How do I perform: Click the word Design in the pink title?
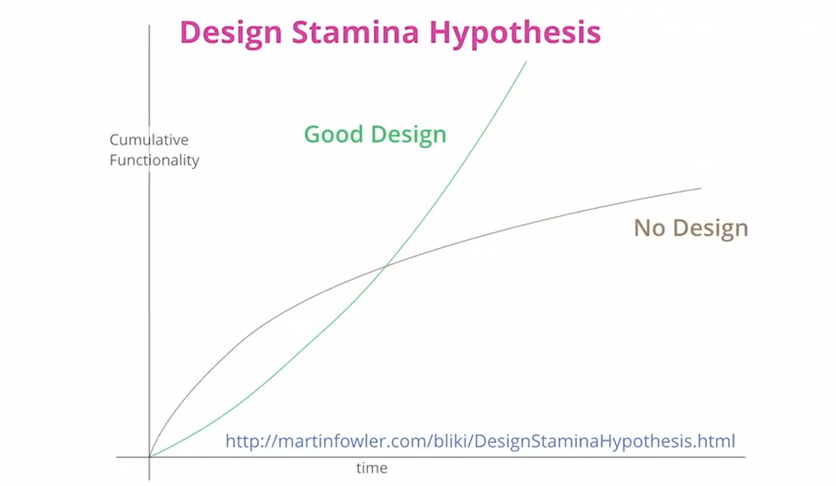click(x=231, y=34)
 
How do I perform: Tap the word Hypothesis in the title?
click(x=515, y=34)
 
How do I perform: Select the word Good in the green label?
click(x=333, y=134)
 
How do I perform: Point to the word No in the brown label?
click(x=649, y=228)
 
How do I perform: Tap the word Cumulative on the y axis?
click(x=149, y=139)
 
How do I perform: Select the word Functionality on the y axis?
click(x=154, y=161)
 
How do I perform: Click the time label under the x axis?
click(x=372, y=468)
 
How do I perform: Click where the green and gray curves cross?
click(x=386, y=266)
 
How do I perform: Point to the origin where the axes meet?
click(x=149, y=457)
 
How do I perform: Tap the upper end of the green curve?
click(x=526, y=61)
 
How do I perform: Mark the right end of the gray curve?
click(x=701, y=189)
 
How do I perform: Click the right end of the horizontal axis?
click(x=745, y=457)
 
